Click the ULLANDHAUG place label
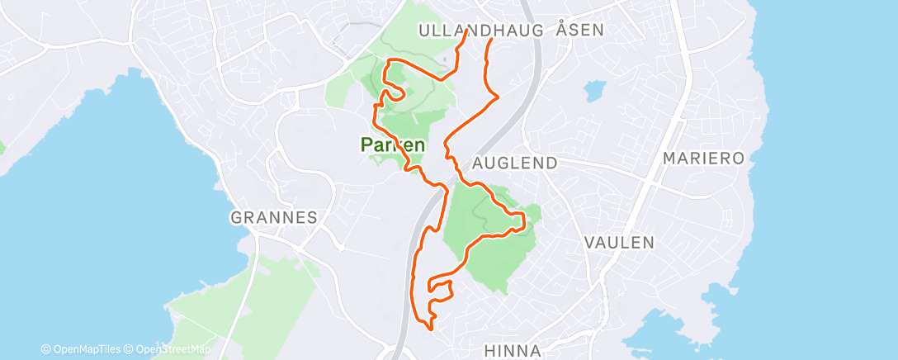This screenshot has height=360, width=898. point(480,30)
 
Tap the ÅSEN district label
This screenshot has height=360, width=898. point(580,30)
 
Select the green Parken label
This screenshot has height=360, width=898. point(393,144)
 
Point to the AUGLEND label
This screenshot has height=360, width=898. point(514,163)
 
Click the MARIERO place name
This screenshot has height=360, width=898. point(704,158)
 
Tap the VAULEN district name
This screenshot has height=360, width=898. point(618,243)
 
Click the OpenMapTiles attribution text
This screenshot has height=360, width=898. point(87,349)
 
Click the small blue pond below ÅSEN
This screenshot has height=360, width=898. point(593,90)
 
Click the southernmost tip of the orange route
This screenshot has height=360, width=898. point(430,327)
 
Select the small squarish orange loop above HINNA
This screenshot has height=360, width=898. point(440,291)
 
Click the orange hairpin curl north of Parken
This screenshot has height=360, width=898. point(394,93)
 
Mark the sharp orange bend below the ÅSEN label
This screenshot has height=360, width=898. point(498,97)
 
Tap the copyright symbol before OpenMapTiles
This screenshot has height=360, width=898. point(45,349)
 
